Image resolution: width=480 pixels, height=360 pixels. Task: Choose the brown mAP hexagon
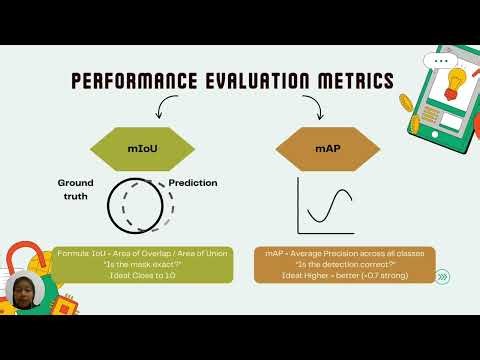coord(328,148)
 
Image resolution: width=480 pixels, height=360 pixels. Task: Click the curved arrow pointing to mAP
coord(313,106)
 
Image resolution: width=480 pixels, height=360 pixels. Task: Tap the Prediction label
coord(193,183)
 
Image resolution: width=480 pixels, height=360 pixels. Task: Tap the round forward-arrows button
coord(443,277)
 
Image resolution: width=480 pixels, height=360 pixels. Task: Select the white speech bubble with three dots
coord(440,61)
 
